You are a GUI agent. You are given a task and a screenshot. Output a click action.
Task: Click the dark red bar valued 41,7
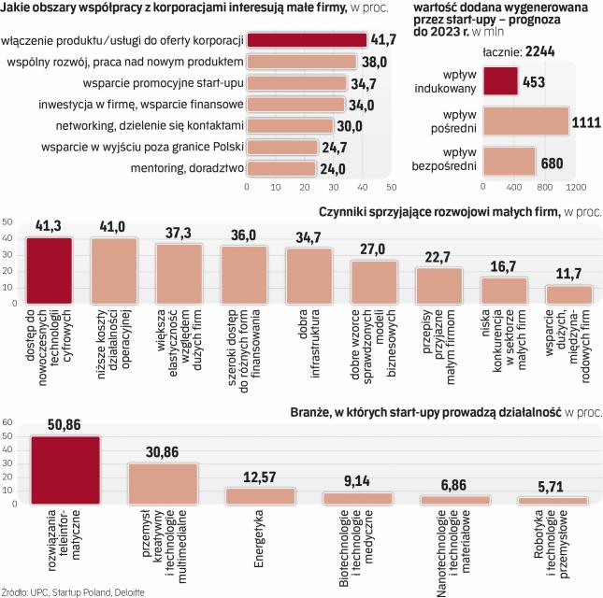point(307,40)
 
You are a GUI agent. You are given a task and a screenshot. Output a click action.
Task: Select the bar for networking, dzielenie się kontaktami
point(289,125)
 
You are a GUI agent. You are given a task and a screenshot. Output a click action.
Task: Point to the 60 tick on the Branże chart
point(7,422)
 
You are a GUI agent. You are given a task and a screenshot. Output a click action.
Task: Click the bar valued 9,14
point(358,498)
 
